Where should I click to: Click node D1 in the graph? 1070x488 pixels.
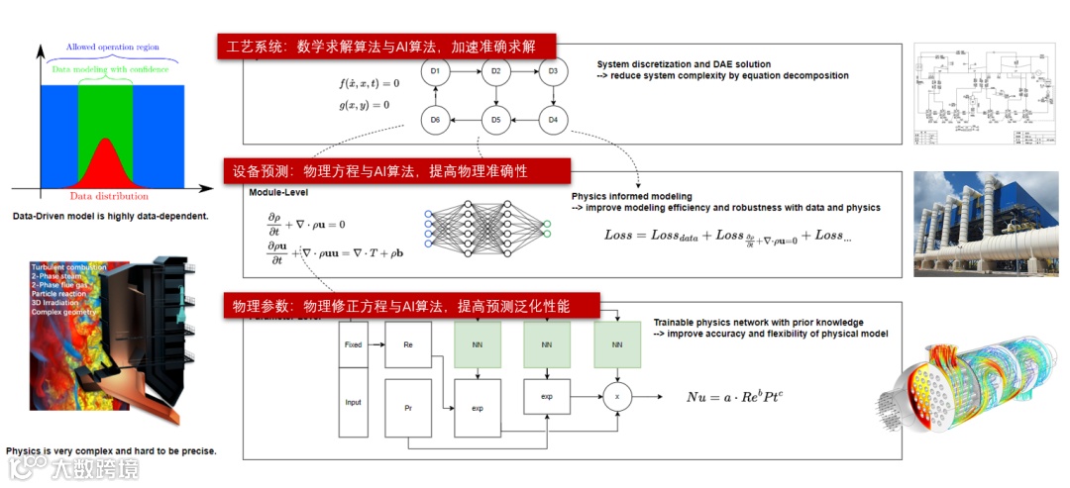point(436,71)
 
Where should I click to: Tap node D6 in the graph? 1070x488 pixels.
point(436,120)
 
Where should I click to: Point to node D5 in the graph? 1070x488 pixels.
point(495,120)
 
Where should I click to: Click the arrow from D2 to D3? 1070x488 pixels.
point(524,71)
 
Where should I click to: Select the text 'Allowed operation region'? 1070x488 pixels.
point(112,47)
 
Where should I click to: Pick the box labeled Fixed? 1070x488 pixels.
point(353,344)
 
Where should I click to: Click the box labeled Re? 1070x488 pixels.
point(408,344)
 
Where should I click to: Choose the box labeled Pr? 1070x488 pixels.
point(408,407)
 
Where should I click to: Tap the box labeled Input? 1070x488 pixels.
point(353,403)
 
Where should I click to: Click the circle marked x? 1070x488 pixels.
point(617,396)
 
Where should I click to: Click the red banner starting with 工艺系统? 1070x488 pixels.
point(386,48)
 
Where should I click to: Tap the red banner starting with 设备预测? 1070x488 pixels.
point(384,171)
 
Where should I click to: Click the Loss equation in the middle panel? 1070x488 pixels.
point(728,237)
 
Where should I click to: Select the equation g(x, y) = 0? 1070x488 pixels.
point(365,105)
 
